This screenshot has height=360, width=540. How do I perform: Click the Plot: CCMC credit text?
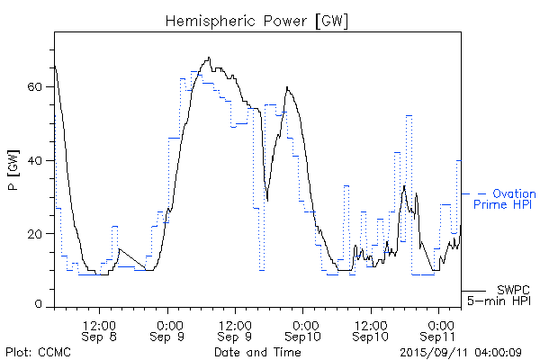tap(35, 352)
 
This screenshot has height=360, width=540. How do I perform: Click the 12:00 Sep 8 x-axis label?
tap(99, 329)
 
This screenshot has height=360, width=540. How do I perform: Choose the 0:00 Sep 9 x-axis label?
tap(167, 329)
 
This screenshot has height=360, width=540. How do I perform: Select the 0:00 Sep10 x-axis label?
tap(304, 329)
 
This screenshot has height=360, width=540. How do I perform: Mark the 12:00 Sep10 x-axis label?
tap(372, 329)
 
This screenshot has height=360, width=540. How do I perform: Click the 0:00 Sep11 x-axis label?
tap(440, 329)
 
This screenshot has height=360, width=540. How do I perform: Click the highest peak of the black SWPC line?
tap(209, 58)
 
